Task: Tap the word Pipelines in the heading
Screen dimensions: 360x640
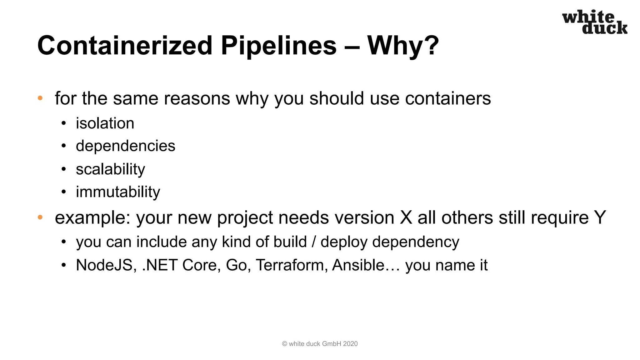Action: (279, 46)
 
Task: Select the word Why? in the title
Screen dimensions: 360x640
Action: (403, 46)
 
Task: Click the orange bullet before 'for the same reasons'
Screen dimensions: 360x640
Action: (40, 98)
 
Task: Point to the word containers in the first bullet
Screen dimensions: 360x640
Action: (448, 98)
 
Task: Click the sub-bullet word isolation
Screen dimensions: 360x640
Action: (105, 123)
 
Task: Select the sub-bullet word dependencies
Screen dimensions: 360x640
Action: (125, 146)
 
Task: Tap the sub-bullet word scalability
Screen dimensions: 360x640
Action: (110, 169)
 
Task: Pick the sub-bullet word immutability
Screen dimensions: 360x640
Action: (118, 192)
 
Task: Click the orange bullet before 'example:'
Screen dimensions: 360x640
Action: (40, 217)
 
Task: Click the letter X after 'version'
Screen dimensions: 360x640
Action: (406, 217)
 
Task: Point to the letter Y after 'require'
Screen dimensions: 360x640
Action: (600, 217)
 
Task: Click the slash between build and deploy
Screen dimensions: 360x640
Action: (314, 242)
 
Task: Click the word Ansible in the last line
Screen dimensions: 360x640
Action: (358, 265)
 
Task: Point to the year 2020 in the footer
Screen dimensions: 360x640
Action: (350, 344)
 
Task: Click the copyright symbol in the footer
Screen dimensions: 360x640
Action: (284, 344)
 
